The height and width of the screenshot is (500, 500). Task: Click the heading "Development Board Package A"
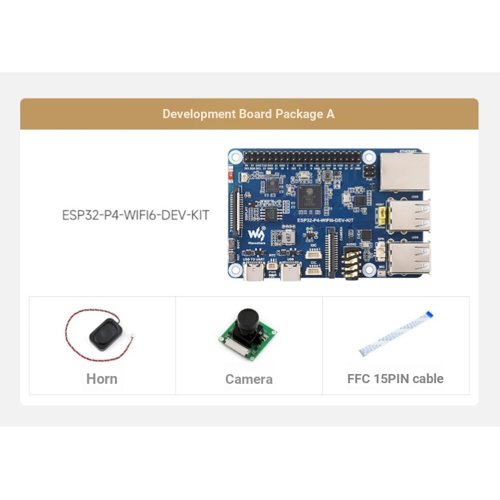tap(248, 114)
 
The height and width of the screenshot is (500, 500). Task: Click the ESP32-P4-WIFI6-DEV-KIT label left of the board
tap(136, 215)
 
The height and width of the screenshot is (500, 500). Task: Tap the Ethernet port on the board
tap(404, 171)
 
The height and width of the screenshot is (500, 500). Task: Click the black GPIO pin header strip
tap(302, 158)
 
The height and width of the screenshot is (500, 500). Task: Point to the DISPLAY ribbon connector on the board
tap(237, 213)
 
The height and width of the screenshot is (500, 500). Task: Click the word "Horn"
tap(102, 379)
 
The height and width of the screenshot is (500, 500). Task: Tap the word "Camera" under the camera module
tap(249, 379)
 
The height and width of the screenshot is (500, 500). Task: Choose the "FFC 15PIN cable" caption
tap(395, 379)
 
